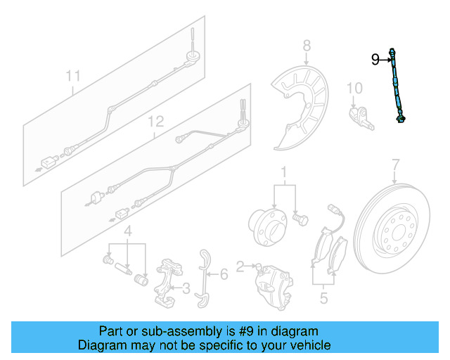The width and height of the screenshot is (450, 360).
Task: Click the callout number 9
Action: [x=375, y=60]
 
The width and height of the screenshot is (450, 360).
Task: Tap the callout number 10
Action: [x=354, y=88]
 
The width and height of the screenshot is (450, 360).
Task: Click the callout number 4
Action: [x=128, y=232]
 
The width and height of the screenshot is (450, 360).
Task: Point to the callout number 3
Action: [x=186, y=288]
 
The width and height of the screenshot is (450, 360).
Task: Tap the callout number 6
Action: [x=224, y=274]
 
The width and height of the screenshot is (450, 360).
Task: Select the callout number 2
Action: [x=240, y=266]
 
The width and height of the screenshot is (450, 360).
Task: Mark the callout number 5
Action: [x=323, y=298]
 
